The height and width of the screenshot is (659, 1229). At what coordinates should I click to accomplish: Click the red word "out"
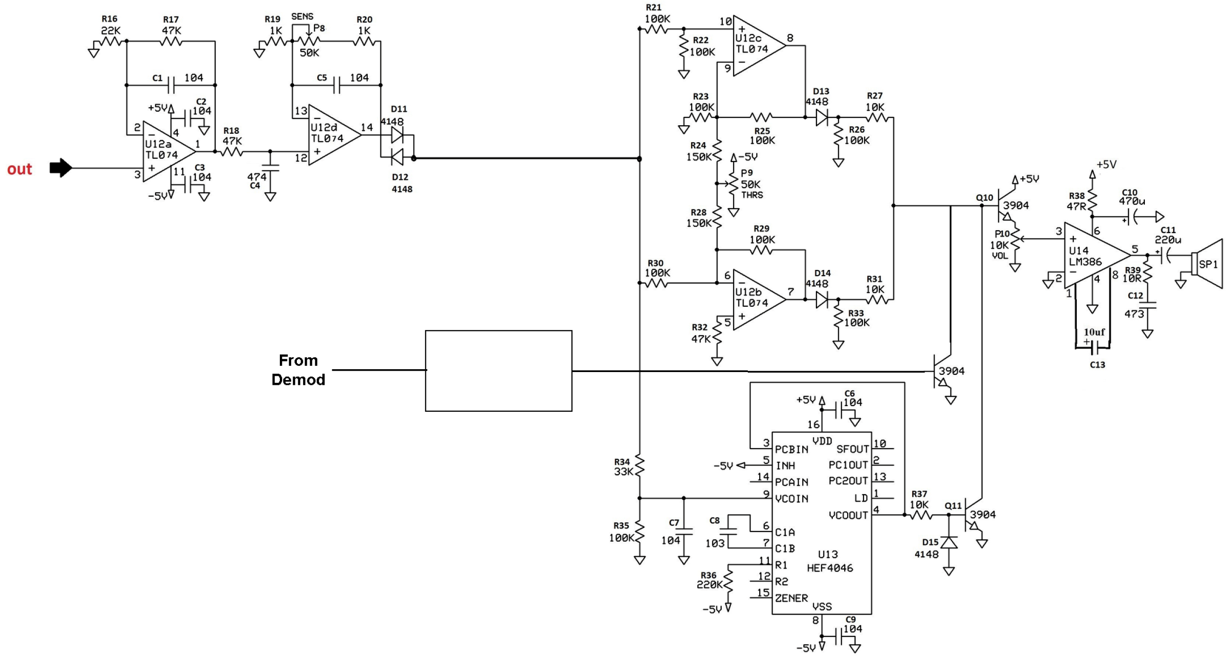[x=19, y=169]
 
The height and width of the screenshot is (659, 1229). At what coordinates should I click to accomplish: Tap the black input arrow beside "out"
[x=61, y=167]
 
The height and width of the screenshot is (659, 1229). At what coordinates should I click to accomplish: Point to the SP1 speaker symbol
[x=1207, y=264]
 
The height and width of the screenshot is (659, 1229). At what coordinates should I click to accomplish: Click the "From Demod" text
[x=298, y=370]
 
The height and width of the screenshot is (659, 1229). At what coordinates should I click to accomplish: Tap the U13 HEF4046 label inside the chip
[x=830, y=561]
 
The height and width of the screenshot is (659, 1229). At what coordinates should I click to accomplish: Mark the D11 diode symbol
[x=397, y=136]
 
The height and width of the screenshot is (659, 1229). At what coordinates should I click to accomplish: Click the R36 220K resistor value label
[x=710, y=585]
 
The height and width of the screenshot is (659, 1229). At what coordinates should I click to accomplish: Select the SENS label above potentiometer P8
[x=302, y=16]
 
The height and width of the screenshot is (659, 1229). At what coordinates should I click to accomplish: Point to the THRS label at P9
[x=752, y=195]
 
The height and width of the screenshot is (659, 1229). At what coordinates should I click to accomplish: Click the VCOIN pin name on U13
[x=791, y=499]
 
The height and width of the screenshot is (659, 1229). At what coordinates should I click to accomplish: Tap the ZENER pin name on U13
[x=791, y=598]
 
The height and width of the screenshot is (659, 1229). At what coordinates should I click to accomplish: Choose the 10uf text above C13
[x=1094, y=332]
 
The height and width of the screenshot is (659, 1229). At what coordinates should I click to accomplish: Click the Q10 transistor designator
[x=984, y=197]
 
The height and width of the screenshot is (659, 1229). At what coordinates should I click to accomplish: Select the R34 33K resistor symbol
[x=639, y=467]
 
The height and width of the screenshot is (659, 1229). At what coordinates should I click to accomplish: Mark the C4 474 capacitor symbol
[x=270, y=167]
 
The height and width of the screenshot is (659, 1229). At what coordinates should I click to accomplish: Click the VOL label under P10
[x=1000, y=256]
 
